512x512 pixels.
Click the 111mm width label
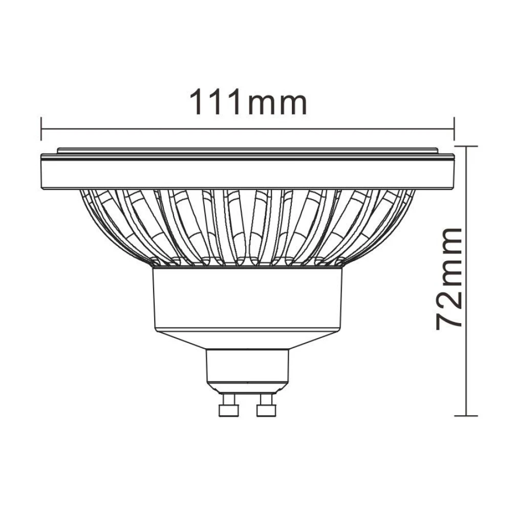[249, 102]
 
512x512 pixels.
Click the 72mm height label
[450, 279]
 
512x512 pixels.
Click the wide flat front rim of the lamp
[248, 173]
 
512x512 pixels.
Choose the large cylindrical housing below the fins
[248, 300]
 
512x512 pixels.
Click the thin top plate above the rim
[248, 151]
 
